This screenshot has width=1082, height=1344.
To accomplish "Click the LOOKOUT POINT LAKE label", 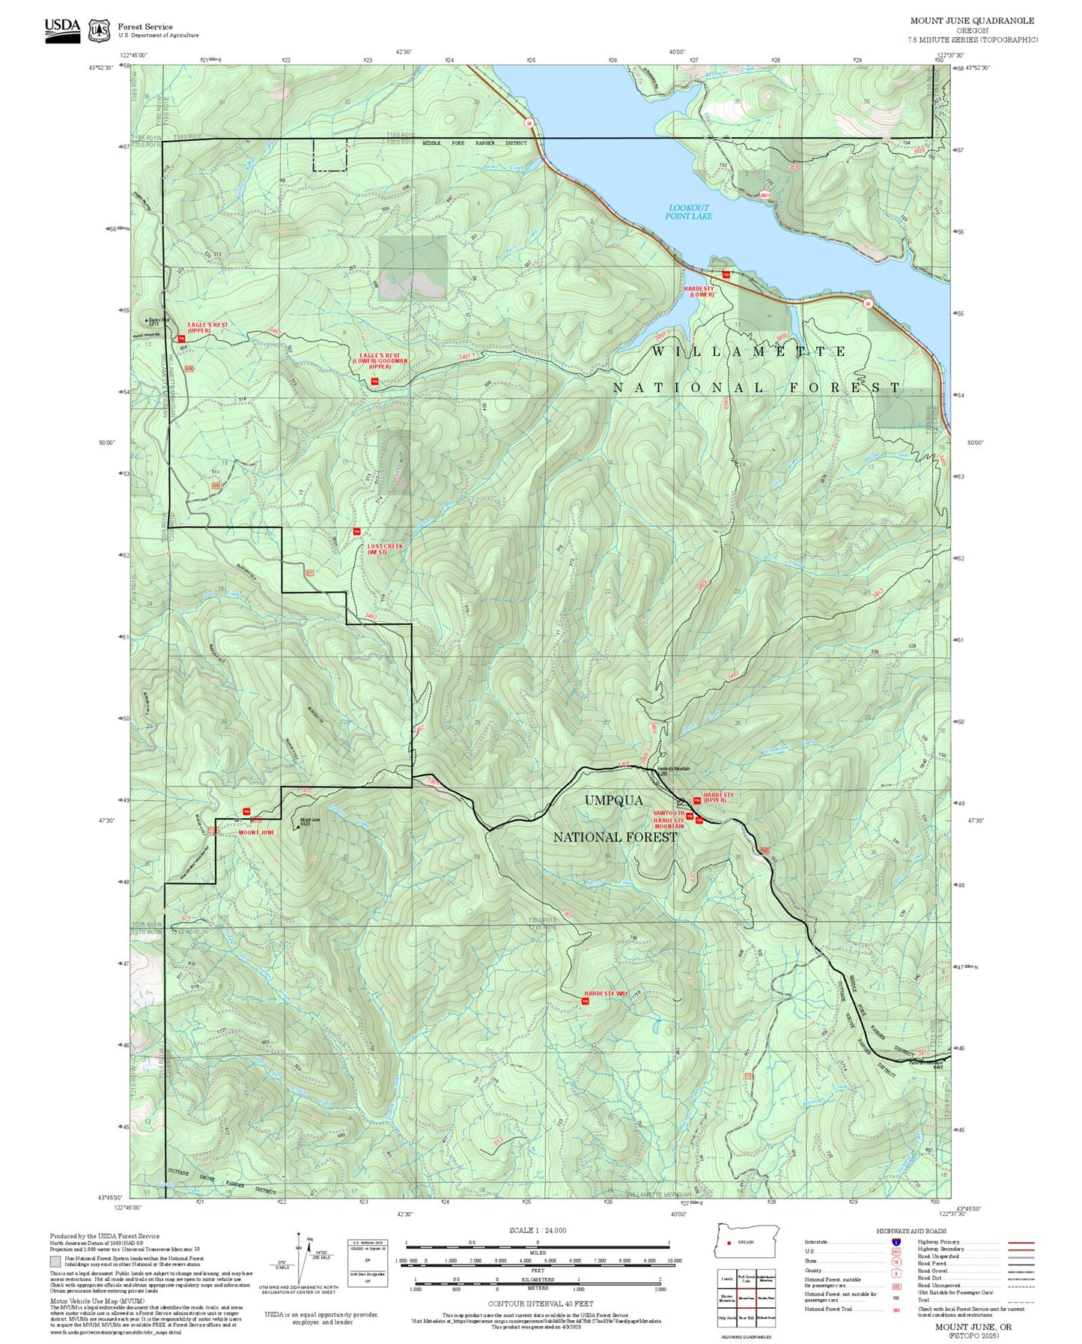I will point(688,212).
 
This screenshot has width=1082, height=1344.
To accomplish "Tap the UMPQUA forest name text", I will point(613,800).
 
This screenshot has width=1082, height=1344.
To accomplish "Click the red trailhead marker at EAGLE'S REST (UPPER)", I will point(181,339).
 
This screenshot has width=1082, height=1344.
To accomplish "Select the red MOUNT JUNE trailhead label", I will point(256,832).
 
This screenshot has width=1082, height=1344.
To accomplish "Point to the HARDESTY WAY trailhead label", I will point(605,993).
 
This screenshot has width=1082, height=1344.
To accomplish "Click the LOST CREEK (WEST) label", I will point(385,549).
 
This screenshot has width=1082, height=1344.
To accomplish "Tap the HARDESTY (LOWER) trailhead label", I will point(699,291).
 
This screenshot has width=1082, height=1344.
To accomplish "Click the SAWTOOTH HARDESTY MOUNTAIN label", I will point(668,820).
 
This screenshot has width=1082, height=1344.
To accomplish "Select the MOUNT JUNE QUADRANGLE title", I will point(972,20).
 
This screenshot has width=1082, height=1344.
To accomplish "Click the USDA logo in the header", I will point(62,30).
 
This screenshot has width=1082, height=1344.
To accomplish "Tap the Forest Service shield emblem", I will point(99,31).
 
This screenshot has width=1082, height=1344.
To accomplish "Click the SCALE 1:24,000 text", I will point(537,1230).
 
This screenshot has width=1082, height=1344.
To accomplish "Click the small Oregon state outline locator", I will point(747,1241).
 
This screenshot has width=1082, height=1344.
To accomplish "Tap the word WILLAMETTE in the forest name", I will point(748,351).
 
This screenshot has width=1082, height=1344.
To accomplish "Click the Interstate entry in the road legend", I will point(816,1241).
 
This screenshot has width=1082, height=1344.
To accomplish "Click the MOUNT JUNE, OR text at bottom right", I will point(973,1326).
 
